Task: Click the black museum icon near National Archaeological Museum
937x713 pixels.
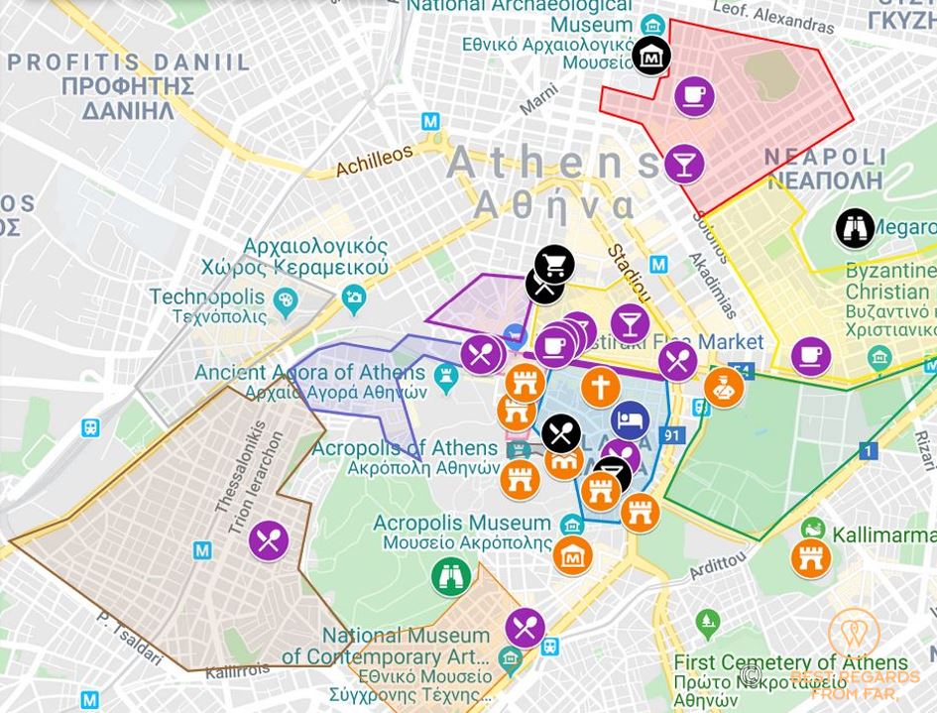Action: tap(651, 56)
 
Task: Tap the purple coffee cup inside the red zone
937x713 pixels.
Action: tap(694, 96)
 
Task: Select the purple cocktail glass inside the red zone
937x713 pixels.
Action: tap(683, 164)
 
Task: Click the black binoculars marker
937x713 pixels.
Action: tap(855, 228)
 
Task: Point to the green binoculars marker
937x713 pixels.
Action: tap(450, 576)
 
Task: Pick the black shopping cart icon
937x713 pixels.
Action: tap(554, 265)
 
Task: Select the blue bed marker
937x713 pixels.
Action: tap(630, 419)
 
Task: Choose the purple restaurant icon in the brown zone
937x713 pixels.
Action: tap(268, 540)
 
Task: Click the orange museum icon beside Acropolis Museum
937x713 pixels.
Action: tap(572, 556)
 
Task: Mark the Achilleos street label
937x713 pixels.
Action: tap(374, 160)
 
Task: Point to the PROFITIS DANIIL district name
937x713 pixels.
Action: tap(129, 63)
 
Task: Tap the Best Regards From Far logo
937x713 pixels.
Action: tap(855, 654)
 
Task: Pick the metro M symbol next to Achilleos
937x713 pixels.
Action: tap(430, 121)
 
